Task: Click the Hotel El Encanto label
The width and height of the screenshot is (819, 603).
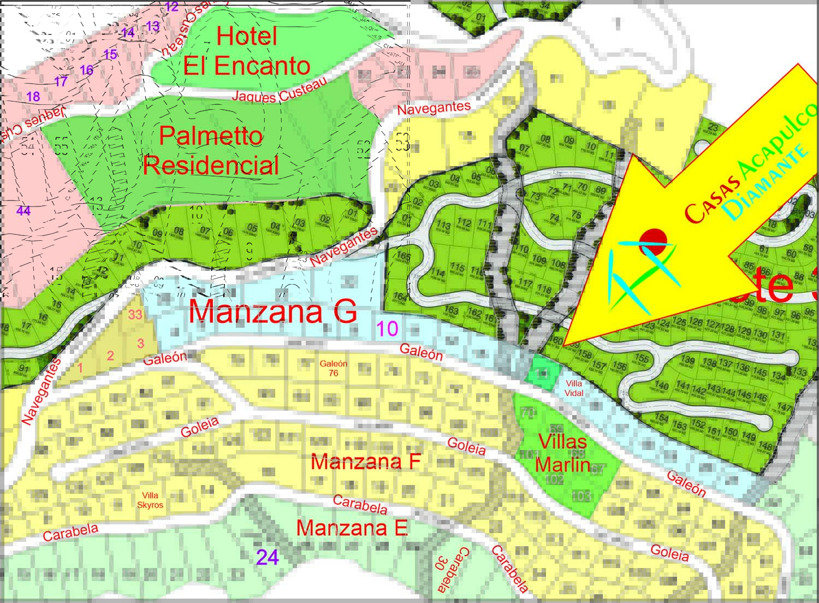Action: tap(247, 51)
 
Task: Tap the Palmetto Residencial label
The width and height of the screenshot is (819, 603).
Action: tap(211, 150)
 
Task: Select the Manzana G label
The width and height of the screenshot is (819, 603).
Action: tap(272, 312)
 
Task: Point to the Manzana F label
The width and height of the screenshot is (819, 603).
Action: tap(365, 462)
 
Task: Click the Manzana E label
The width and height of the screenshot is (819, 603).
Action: tap(352, 528)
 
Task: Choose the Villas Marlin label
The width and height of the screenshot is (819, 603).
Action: tap(562, 453)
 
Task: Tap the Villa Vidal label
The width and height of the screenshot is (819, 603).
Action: tap(574, 388)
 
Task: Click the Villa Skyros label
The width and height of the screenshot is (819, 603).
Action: tap(150, 500)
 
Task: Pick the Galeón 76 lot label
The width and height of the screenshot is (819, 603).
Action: tap(333, 368)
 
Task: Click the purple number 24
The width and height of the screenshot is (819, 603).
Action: tap(268, 557)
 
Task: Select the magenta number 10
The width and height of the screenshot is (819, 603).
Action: tap(387, 329)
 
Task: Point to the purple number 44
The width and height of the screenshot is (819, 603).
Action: tap(23, 211)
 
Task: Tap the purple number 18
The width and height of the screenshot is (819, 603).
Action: tap(33, 97)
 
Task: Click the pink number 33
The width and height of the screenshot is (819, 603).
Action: tap(135, 315)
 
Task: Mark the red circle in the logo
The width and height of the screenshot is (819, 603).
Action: tap(653, 241)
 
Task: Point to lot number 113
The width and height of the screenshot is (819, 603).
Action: tap(443, 226)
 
